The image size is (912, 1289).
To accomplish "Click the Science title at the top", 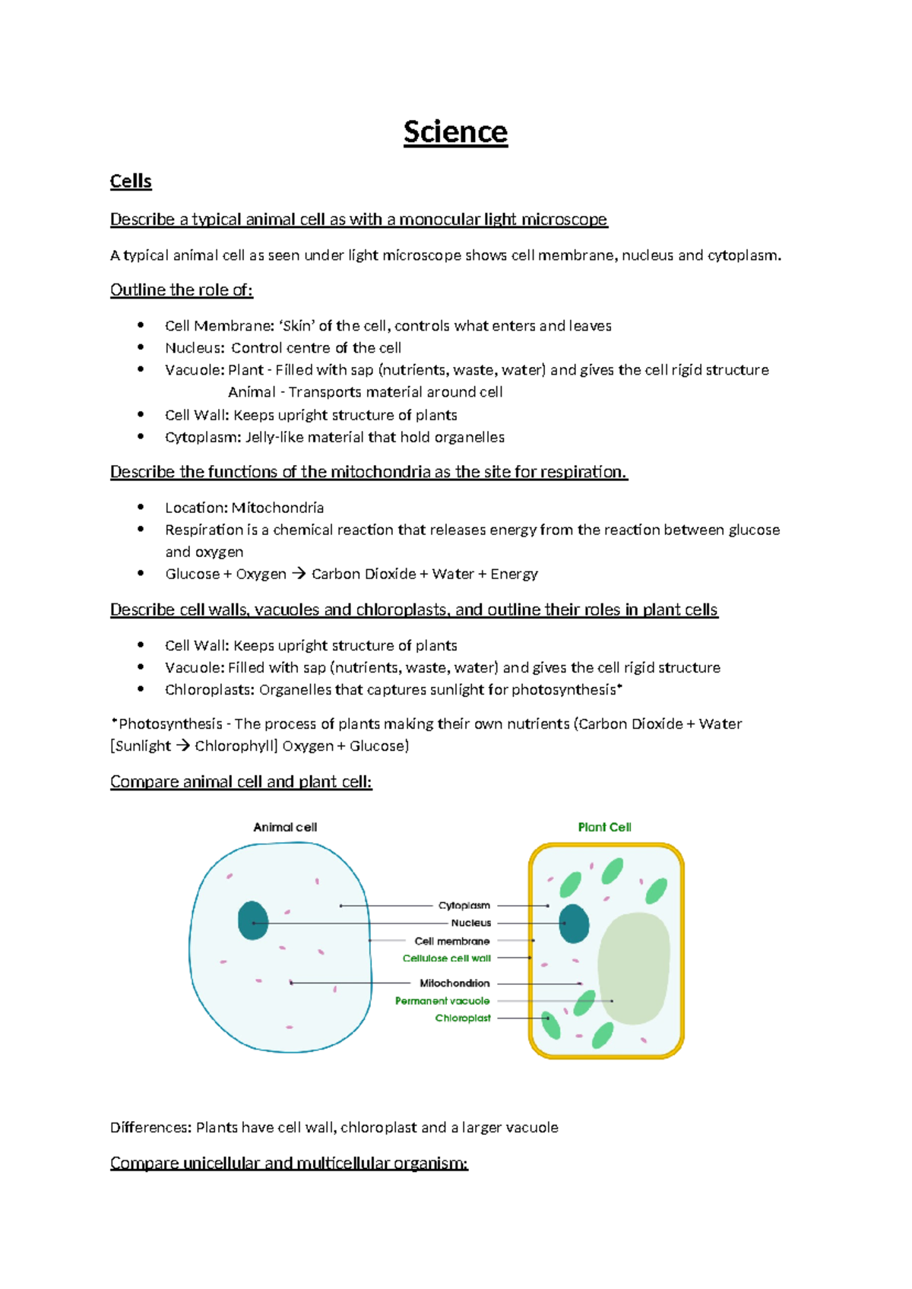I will coord(455,132).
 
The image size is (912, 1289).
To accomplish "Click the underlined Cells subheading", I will coord(131,182).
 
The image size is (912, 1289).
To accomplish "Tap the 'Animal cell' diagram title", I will coord(285,827).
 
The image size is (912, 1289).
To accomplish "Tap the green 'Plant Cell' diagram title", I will coord(604,827).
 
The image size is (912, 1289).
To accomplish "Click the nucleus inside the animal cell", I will coord(253,920).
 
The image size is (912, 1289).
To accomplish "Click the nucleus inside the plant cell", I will coord(574,923).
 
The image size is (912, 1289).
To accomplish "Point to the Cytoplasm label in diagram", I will coord(464,905).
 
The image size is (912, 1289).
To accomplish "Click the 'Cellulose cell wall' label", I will coord(446,958).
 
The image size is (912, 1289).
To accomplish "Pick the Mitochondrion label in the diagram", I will coord(454,983).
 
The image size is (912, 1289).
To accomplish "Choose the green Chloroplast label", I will coord(462,1018).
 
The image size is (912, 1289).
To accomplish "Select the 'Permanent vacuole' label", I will coord(442,1001).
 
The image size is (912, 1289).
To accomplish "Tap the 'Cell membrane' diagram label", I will coord(451,941).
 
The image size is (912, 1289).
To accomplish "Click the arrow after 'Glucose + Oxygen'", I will coord(299,574).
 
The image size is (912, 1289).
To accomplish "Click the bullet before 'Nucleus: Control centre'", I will coord(141,347).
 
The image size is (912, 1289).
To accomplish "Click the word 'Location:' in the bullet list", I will coord(196,508).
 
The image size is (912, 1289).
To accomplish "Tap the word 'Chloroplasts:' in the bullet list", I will coord(210,690).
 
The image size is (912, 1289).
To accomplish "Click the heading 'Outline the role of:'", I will coord(181,290).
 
